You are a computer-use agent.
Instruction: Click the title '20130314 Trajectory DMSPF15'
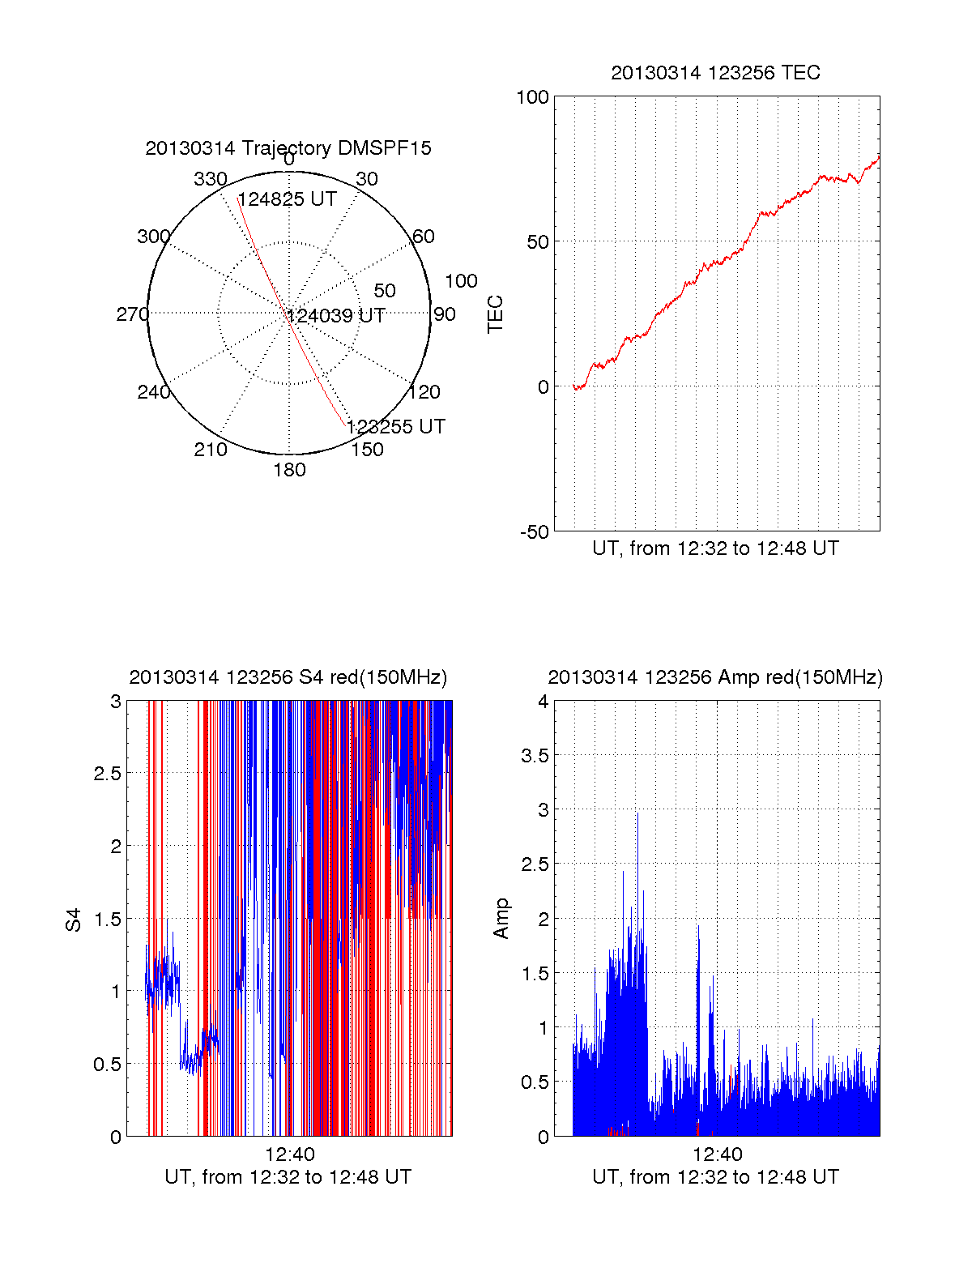[288, 148]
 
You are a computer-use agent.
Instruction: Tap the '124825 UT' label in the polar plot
[287, 199]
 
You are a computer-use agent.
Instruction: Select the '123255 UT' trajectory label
[396, 427]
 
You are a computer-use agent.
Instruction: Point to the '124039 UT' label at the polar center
[336, 316]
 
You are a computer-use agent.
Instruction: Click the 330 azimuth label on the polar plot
[210, 179]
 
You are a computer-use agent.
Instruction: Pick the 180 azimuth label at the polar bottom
[289, 470]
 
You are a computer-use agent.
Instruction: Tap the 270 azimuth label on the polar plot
[132, 314]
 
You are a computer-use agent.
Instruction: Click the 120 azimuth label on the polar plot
[424, 393]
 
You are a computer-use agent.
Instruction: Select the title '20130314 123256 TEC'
[715, 73]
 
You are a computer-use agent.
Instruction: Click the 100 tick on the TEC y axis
[532, 97]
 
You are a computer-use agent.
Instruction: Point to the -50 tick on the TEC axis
[534, 532]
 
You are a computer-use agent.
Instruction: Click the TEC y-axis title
[495, 314]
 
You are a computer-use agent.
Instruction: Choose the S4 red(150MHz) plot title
[288, 677]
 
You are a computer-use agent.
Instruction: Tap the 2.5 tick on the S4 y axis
[108, 774]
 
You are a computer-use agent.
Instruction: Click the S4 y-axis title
[74, 920]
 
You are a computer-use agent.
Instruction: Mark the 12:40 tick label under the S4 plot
[289, 1154]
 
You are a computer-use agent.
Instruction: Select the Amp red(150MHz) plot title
[715, 677]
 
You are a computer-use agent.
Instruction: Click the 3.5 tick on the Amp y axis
[535, 756]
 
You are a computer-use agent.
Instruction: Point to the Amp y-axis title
[501, 919]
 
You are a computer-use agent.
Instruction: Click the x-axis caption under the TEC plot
[715, 548]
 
